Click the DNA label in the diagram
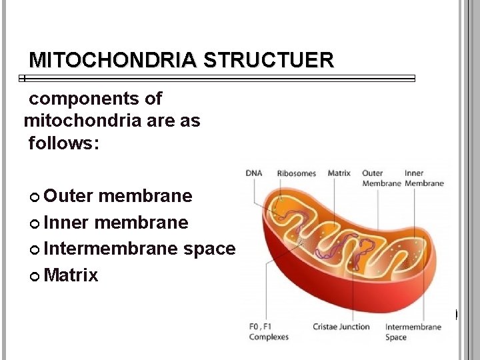[254, 173]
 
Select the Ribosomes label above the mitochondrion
[296, 173]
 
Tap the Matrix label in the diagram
[339, 173]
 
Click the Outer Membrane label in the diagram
[381, 178]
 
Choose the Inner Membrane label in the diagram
[424, 178]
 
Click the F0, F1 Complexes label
[268, 331]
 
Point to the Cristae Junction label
[341, 327]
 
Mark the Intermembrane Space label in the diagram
[413, 331]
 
